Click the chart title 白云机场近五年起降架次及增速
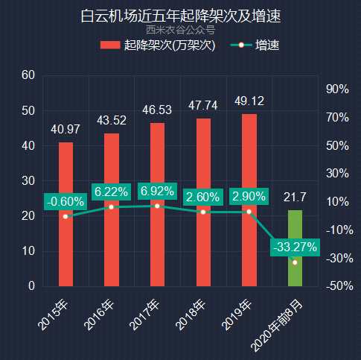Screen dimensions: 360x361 [180, 16]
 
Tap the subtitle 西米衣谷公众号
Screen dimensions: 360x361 [180, 31]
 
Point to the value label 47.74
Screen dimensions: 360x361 [202, 105]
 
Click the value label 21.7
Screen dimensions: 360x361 [295, 197]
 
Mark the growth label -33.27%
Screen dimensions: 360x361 [295, 247]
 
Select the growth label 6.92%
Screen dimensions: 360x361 [157, 191]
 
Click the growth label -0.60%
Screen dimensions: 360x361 [66, 201]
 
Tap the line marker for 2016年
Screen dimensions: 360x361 [112, 206]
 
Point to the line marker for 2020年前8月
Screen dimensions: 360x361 [295, 262]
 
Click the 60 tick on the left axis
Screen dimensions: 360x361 [28, 75]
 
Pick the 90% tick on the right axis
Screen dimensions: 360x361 [337, 89]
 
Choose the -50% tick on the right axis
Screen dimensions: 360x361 [337, 286]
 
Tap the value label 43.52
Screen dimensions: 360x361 [111, 120]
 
